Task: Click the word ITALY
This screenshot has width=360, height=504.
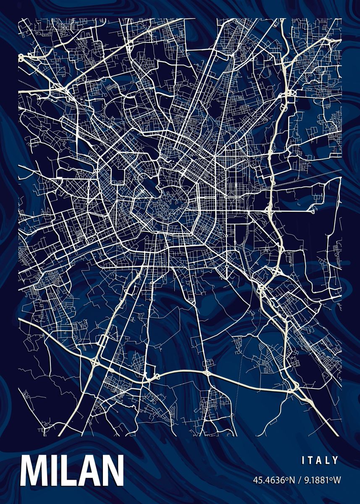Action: point(320,460)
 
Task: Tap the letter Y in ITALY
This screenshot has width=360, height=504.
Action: point(335,460)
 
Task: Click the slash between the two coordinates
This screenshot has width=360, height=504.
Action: point(296,480)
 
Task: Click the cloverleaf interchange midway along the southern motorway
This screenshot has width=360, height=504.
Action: point(208,373)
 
